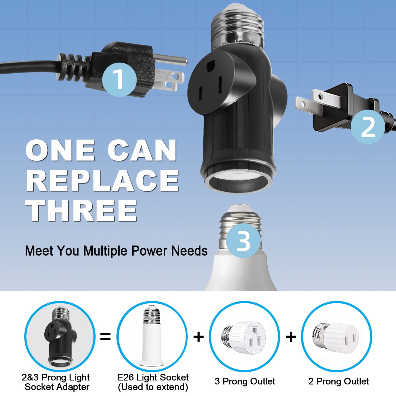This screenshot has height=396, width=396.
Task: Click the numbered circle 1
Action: click(x=119, y=79)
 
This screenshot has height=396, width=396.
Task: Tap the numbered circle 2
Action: click(x=368, y=127)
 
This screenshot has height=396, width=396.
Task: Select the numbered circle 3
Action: click(x=243, y=241)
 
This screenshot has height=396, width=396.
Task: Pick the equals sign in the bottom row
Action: click(x=106, y=337)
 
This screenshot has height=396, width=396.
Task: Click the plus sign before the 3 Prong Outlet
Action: click(x=199, y=337)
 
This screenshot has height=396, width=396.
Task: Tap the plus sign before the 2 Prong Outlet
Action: click(x=291, y=337)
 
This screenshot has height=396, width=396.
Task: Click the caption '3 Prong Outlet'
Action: click(x=245, y=381)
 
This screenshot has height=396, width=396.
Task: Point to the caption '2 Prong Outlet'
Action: click(x=338, y=381)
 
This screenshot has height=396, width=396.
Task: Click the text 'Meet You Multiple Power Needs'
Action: click(x=116, y=251)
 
